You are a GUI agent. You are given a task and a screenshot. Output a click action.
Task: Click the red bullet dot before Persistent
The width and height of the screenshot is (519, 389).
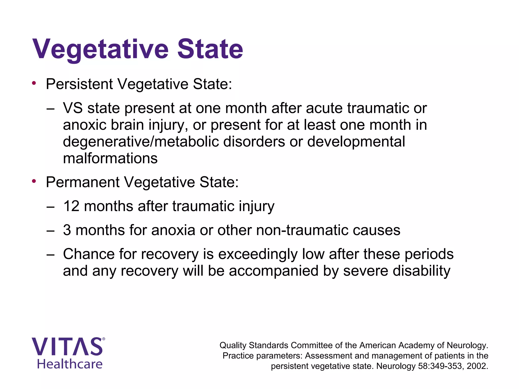(34, 83)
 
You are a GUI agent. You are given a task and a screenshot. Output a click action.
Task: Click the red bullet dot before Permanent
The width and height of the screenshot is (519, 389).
(34, 181)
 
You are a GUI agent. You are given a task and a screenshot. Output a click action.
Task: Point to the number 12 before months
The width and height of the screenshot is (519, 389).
(71, 206)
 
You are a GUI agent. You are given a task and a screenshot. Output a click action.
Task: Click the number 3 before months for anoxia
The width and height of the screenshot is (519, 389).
(67, 230)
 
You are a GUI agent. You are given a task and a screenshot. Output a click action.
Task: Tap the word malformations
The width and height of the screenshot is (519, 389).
(110, 159)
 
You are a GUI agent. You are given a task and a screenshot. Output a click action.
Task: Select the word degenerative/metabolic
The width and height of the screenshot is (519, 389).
(141, 142)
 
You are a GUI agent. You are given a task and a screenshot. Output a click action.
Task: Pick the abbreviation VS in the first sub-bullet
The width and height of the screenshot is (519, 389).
(73, 108)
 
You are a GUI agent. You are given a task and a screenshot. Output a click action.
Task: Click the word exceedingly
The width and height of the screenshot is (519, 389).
(258, 254)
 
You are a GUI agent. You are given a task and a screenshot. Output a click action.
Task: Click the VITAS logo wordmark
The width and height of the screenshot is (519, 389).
(67, 347)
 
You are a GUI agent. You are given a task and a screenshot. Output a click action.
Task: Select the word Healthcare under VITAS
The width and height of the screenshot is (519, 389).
(70, 364)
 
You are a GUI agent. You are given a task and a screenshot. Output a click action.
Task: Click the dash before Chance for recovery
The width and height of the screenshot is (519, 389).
(50, 255)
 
